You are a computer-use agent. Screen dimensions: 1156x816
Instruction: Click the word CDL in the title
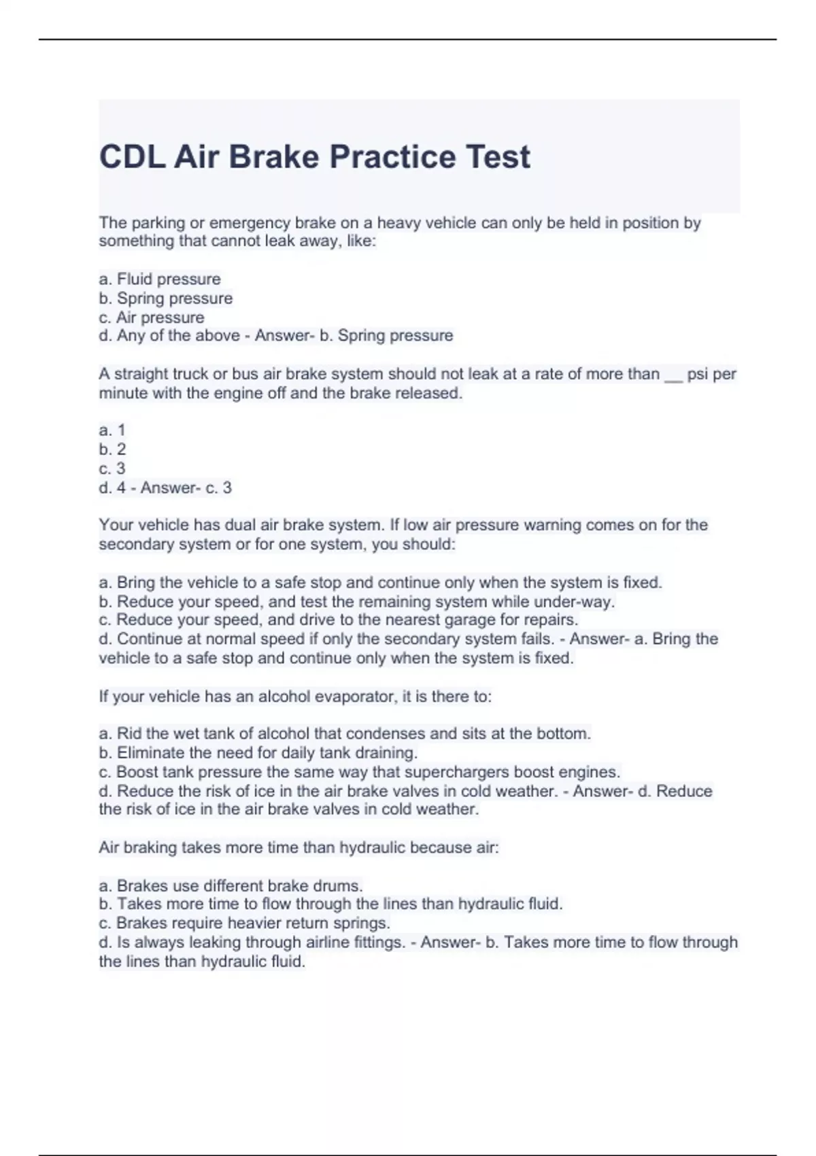click(132, 157)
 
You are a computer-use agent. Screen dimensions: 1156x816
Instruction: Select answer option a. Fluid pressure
click(160, 279)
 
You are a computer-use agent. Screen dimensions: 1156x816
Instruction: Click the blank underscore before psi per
click(673, 375)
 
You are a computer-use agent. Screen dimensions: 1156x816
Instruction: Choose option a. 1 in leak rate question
click(112, 430)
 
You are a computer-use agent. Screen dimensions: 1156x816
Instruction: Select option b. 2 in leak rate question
click(112, 449)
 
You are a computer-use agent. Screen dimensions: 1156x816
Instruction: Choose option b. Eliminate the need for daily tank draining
click(258, 753)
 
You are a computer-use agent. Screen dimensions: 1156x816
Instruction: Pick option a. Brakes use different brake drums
click(231, 885)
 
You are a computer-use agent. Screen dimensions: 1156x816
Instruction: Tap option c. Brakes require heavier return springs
click(244, 923)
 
